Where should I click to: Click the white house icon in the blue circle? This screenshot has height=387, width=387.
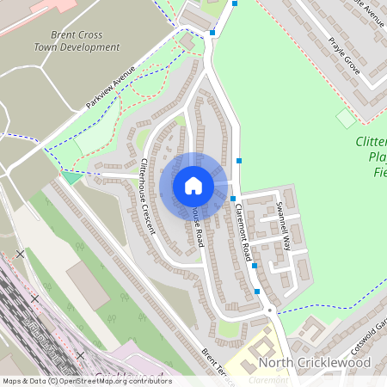point(193,186)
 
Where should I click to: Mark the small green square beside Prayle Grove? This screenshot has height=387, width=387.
point(346,118)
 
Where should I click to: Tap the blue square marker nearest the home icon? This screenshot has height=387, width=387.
point(232,199)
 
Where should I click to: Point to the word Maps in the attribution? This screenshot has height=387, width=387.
point(12,381)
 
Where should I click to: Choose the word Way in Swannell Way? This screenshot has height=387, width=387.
point(287,240)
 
